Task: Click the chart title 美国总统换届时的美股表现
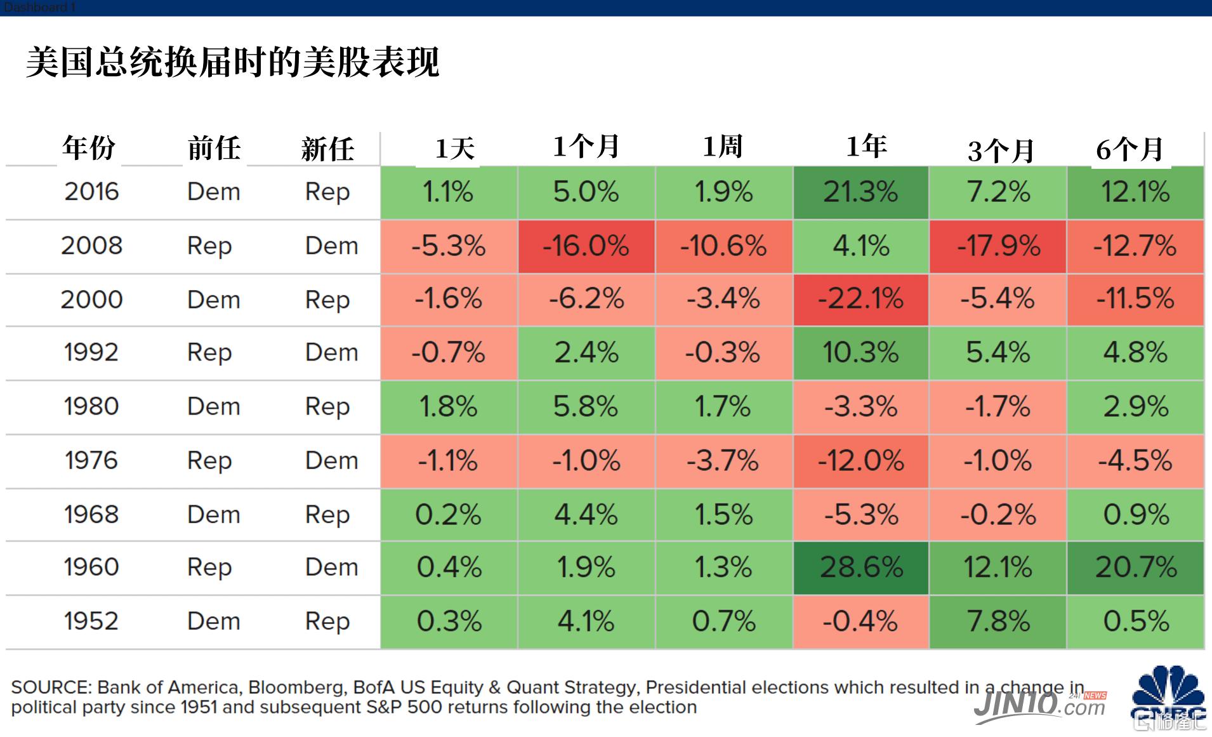point(232,62)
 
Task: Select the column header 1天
point(455,149)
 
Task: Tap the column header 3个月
point(1001,150)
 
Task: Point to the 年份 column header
point(89,148)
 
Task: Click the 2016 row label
point(91,192)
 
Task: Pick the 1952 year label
point(91,621)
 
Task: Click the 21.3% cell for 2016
point(860,192)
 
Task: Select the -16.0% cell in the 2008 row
point(586,246)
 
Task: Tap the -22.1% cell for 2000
point(860,300)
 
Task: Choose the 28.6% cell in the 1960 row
point(860,568)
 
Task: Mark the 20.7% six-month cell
point(1136,568)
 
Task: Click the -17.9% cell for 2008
point(998,246)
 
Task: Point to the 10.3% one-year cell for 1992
point(860,353)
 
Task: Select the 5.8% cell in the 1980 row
point(586,407)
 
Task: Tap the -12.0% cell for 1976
point(860,461)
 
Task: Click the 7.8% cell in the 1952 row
point(998,621)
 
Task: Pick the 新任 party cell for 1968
point(327,515)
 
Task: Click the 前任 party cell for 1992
point(209,353)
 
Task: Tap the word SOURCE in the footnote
point(51,687)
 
